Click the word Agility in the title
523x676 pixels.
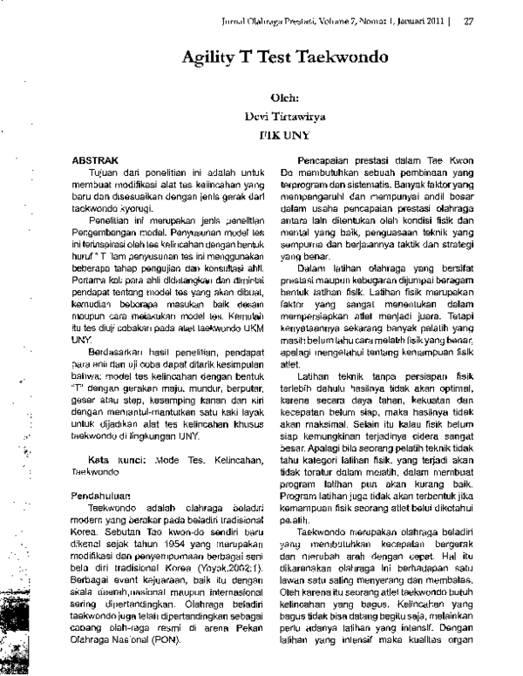pyautogui.click(x=213, y=58)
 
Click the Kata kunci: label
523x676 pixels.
pyautogui.click(x=113, y=457)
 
